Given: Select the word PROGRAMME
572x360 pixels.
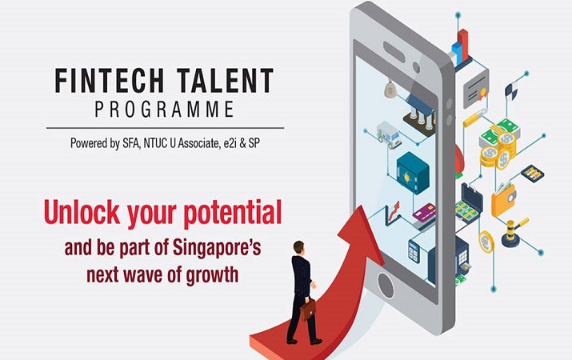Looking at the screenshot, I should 164,110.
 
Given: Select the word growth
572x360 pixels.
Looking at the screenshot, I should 210,275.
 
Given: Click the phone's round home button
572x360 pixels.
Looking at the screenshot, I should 387,285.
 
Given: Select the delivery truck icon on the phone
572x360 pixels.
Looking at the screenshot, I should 389,135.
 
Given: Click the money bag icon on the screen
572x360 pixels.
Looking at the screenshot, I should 390,89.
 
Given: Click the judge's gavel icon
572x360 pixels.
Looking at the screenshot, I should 514,232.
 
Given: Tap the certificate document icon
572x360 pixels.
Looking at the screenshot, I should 474,83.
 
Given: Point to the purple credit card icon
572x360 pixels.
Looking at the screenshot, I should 425,214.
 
